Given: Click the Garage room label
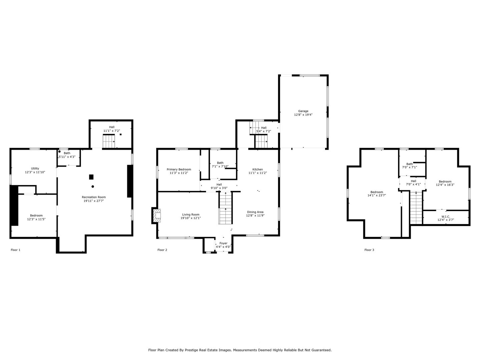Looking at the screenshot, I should [x=303, y=111].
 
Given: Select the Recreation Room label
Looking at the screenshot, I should [x=94, y=197].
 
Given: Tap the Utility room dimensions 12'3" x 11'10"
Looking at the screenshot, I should [x=35, y=172].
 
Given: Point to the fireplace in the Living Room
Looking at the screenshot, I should [x=156, y=216].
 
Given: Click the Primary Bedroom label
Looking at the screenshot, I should [x=179, y=169].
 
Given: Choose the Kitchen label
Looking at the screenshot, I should [x=257, y=169].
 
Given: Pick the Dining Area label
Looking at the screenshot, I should [x=255, y=212].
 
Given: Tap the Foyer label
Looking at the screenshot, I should [x=223, y=243].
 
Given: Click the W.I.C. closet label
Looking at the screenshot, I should [x=446, y=216].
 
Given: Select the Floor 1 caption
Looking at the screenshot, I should [x=15, y=250].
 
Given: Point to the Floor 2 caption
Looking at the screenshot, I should [x=162, y=250].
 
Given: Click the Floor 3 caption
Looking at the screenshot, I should [x=369, y=250].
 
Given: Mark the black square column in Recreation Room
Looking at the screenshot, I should [x=91, y=177].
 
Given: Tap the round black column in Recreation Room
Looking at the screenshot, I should [x=93, y=186].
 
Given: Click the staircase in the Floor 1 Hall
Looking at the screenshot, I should [x=109, y=142].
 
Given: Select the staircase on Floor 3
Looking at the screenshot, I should [x=416, y=208].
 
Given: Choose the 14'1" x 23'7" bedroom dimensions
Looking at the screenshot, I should [x=377, y=196].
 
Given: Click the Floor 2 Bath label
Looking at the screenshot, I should [x=220, y=163].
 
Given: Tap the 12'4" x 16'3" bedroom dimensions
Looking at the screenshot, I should [x=445, y=185].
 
